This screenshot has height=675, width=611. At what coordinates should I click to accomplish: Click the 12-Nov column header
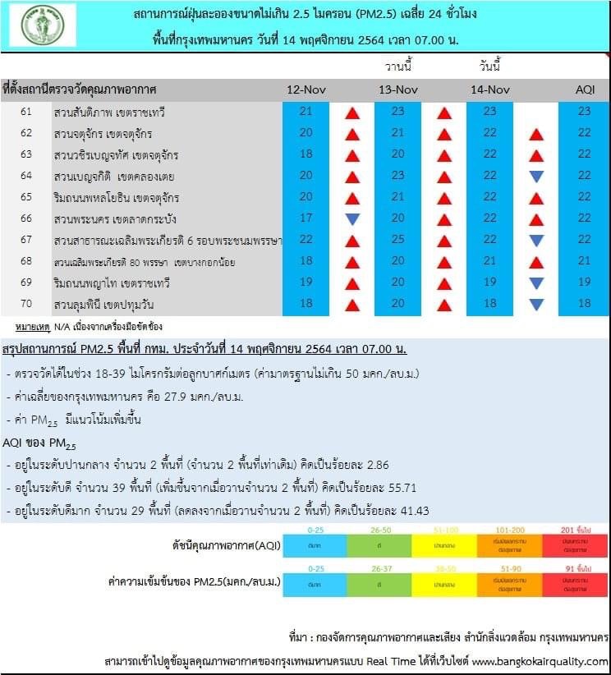click(306, 89)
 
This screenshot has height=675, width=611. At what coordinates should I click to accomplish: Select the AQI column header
click(584, 89)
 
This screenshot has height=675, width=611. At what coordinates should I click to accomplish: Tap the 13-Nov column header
click(398, 89)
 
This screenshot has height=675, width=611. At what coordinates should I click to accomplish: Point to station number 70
click(26, 304)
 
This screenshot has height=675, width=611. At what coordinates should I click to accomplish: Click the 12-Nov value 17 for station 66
click(306, 218)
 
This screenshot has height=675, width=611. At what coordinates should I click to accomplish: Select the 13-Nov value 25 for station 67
click(398, 240)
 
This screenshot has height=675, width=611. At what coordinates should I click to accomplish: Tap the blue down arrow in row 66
click(352, 219)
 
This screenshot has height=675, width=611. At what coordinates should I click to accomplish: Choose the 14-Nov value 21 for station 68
click(490, 261)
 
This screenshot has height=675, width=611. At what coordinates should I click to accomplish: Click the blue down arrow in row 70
click(536, 305)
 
